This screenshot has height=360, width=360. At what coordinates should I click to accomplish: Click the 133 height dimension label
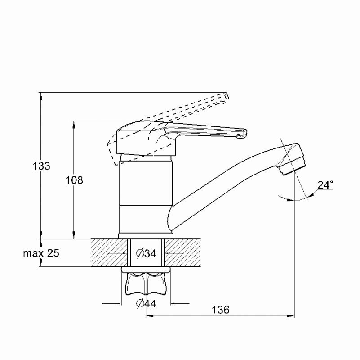tap(41, 166)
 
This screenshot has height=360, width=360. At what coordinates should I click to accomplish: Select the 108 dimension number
tap(75, 180)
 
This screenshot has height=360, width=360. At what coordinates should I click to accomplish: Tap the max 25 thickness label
tap(41, 253)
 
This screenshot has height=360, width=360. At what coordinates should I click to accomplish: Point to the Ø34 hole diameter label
tap(146, 253)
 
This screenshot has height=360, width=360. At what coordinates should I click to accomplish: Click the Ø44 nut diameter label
tap(146, 304)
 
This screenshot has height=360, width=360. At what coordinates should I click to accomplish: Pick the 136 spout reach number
tap(220, 310)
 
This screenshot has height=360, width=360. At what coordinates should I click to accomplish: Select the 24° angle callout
tap(325, 185)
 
